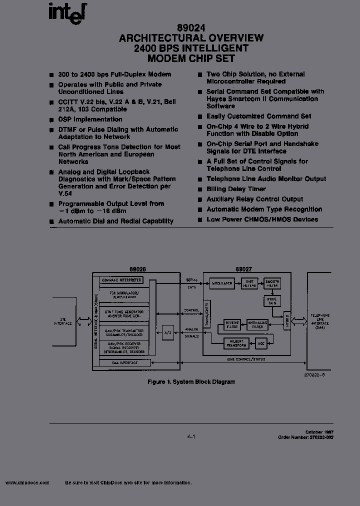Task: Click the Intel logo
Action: pos(67,12)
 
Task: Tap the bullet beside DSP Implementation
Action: pos(51,120)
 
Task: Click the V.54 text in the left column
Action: pos(63,193)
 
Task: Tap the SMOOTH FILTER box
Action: pos(272,283)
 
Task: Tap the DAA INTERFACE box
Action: pos(124,362)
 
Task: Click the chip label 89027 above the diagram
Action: pos(238,268)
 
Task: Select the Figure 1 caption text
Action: pos(191,382)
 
